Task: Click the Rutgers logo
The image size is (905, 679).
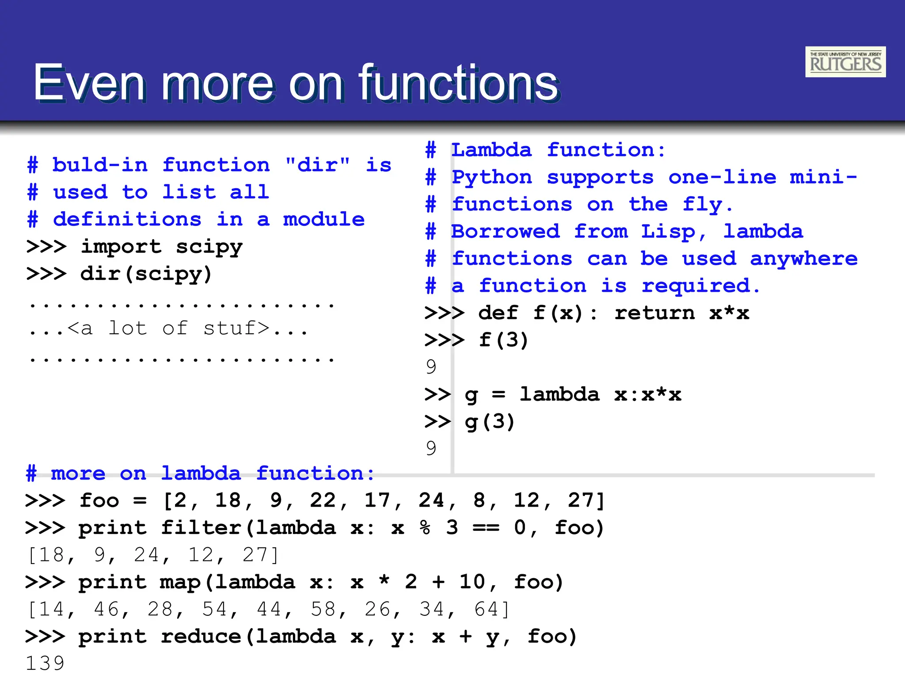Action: pyautogui.click(x=845, y=62)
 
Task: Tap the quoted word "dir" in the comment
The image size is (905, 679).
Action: pyautogui.click(x=317, y=165)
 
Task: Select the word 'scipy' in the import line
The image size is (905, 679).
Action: pyautogui.click(x=209, y=247)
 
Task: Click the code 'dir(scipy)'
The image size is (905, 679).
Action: pyautogui.click(x=146, y=274)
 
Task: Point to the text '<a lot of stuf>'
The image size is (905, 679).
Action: pyautogui.click(x=168, y=328)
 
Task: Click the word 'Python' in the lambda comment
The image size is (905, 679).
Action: pyautogui.click(x=491, y=178)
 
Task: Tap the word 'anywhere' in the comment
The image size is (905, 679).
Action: pyautogui.click(x=804, y=259)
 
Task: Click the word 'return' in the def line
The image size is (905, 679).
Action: pyautogui.click(x=654, y=313)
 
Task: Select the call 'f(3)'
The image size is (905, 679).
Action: pyautogui.click(x=503, y=340)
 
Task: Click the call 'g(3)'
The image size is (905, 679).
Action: pyautogui.click(x=490, y=422)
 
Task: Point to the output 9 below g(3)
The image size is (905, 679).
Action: pyautogui.click(x=431, y=448)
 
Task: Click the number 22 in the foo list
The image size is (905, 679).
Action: pyautogui.click(x=323, y=500)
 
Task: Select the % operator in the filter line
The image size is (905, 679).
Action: pyautogui.click(x=425, y=528)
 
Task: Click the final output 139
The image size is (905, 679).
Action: pyautogui.click(x=45, y=663)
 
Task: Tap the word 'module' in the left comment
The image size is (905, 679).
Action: pyautogui.click(x=324, y=220)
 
